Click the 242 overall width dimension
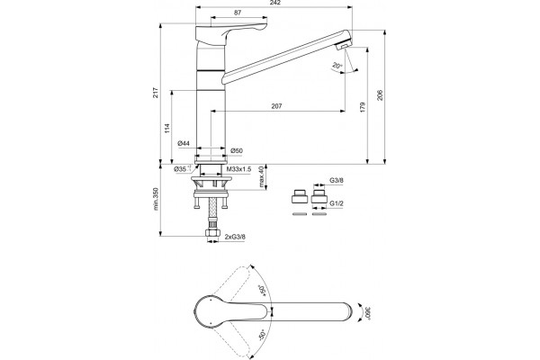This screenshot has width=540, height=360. point(276,3)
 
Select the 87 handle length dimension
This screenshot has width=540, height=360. point(238,13)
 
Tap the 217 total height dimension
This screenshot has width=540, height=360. point(156,93)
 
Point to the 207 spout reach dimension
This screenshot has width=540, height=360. point(276,106)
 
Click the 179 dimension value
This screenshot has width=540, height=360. point(363,107)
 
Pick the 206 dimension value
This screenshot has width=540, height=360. point(380,95)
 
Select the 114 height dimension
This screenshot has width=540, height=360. point(167,128)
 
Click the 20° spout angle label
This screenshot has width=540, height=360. point(337,65)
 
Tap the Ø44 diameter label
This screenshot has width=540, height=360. point(184,144)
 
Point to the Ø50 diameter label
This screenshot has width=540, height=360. point(237,150)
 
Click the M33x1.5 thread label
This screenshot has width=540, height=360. point(239,169)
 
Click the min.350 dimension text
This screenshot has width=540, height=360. point(156,199)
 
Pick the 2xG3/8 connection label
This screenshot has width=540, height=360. point(235,237)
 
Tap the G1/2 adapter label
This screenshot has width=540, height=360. point(337,203)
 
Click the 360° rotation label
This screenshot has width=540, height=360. point(367,313)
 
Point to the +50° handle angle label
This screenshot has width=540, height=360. point(263,291)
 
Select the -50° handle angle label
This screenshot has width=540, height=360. point(263,334)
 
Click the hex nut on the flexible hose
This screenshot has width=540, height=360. point(212,233)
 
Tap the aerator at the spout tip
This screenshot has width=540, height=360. point(343,45)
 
